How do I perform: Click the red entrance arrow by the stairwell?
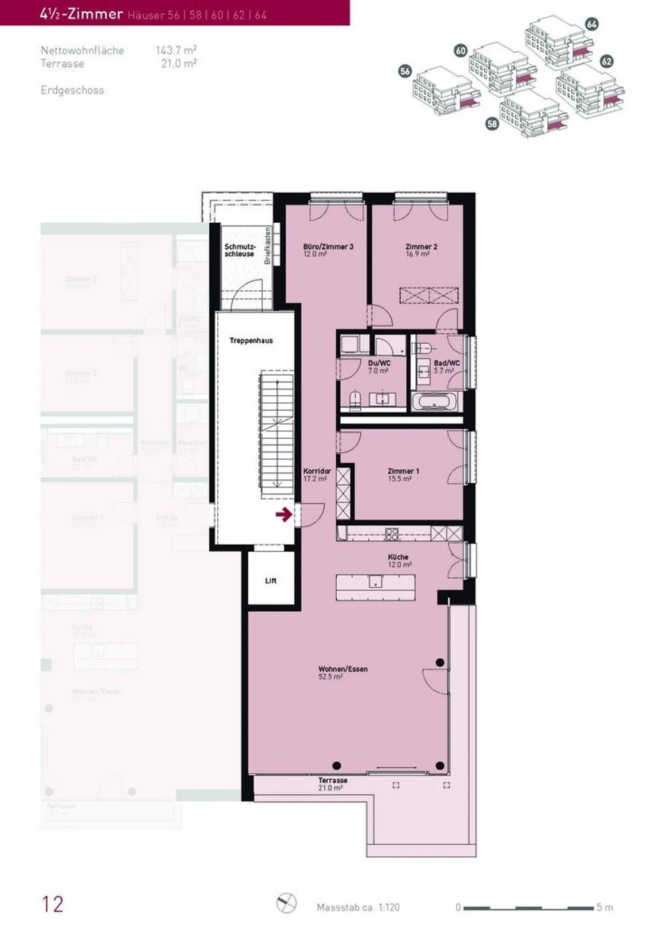coord(284,515)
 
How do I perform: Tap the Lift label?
coord(271,581)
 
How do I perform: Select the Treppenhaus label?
coord(251,340)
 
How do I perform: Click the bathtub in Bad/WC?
coord(433,402)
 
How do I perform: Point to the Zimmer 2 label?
coord(421,250)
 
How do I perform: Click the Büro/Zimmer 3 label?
coord(328,250)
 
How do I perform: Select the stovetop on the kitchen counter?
coord(392,534)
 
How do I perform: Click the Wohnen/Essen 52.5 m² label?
coord(343,672)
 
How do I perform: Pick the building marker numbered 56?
coord(405,71)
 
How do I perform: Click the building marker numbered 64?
coord(591,24)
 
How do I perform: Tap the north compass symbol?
coord(286,903)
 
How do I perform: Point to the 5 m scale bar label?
coord(605,907)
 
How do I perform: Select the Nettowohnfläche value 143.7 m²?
coord(176,50)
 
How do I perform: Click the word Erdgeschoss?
coord(72,90)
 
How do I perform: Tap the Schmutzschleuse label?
coord(240,250)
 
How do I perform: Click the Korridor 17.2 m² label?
coord(317,475)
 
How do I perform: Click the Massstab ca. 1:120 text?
coord(358,907)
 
